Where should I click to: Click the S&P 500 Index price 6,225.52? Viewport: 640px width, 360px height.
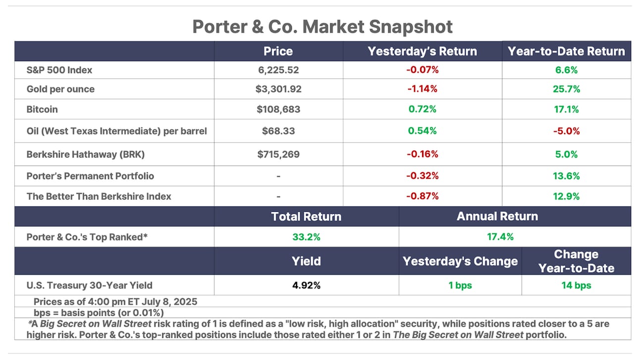pyautogui.click(x=278, y=70)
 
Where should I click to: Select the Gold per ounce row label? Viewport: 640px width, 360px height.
pyautogui.click(x=60, y=89)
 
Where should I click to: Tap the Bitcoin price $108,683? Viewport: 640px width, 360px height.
pyautogui.click(x=278, y=109)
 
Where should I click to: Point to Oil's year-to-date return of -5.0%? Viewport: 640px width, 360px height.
pyautogui.click(x=567, y=131)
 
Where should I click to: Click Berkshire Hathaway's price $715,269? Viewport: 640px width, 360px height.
pyautogui.click(x=278, y=154)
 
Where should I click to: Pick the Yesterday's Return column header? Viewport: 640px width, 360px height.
pyautogui.click(x=422, y=51)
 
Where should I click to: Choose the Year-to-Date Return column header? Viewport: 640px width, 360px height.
pyautogui.click(x=567, y=51)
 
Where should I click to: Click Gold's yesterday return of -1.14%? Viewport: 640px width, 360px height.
pyautogui.click(x=422, y=89)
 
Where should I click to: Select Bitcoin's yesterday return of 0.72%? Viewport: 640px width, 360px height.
pyautogui.click(x=422, y=109)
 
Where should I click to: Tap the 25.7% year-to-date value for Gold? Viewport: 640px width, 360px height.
pyautogui.click(x=567, y=89)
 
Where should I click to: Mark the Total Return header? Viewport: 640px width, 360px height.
pyautogui.click(x=306, y=216)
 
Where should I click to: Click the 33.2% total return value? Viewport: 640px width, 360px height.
pyautogui.click(x=306, y=237)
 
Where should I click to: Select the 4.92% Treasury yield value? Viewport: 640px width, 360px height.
pyautogui.click(x=306, y=285)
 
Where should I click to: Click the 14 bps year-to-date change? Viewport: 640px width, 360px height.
pyautogui.click(x=576, y=285)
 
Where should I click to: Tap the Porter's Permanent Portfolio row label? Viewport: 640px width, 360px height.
pyautogui.click(x=90, y=176)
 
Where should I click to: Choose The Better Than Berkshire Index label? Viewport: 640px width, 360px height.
pyautogui.click(x=99, y=196)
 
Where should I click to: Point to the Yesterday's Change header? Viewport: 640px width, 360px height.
pyautogui.click(x=460, y=261)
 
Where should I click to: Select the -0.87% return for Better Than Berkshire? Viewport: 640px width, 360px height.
pyautogui.click(x=422, y=196)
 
